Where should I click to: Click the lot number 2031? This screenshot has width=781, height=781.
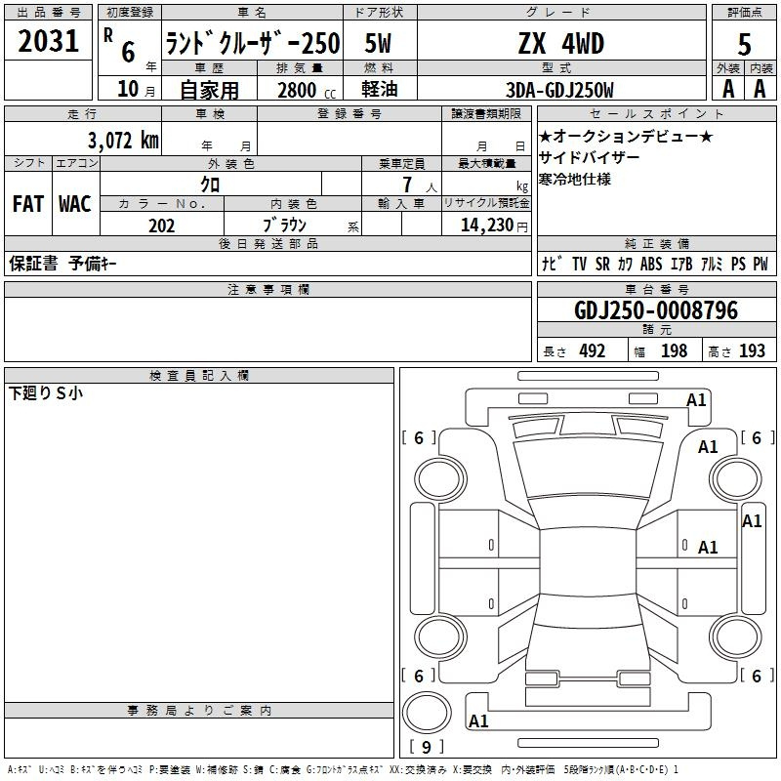(48, 41)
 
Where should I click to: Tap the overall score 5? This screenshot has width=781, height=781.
(744, 44)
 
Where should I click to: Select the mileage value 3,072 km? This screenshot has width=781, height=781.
(123, 141)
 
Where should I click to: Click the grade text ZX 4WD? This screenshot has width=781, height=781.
(561, 43)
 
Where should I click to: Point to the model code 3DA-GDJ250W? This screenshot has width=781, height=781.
(559, 90)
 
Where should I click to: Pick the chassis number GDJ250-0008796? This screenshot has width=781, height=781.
(656, 310)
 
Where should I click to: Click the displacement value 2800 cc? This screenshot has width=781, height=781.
(307, 90)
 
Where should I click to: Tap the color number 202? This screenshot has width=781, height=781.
(161, 226)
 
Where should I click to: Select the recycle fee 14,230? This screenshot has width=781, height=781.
(487, 226)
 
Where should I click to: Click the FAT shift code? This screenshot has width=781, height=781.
(28, 204)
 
